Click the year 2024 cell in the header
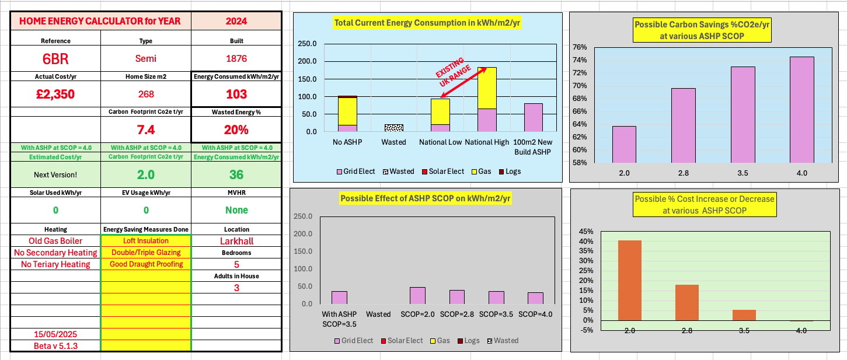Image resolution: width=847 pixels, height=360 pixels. click(236, 21)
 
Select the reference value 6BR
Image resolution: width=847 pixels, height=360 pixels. click(55, 60)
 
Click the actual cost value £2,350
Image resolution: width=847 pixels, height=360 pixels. click(55, 94)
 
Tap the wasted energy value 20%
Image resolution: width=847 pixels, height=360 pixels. click(236, 130)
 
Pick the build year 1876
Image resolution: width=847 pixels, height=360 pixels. click(236, 59)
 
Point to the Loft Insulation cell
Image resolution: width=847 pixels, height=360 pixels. click(146, 240)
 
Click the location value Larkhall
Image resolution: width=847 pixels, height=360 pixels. click(236, 241)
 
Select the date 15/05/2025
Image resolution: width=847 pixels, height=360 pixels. click(55, 334)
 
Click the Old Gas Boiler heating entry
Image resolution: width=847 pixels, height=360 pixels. click(55, 241)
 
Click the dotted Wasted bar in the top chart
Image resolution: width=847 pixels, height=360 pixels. click(393, 128)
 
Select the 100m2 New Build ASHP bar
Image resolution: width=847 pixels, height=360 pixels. click(533, 117)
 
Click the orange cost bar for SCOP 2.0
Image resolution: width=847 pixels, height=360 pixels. click(629, 280)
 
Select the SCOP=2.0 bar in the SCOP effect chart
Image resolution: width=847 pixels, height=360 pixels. click(417, 295)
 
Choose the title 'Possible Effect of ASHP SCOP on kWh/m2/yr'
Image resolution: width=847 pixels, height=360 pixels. click(425, 198)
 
